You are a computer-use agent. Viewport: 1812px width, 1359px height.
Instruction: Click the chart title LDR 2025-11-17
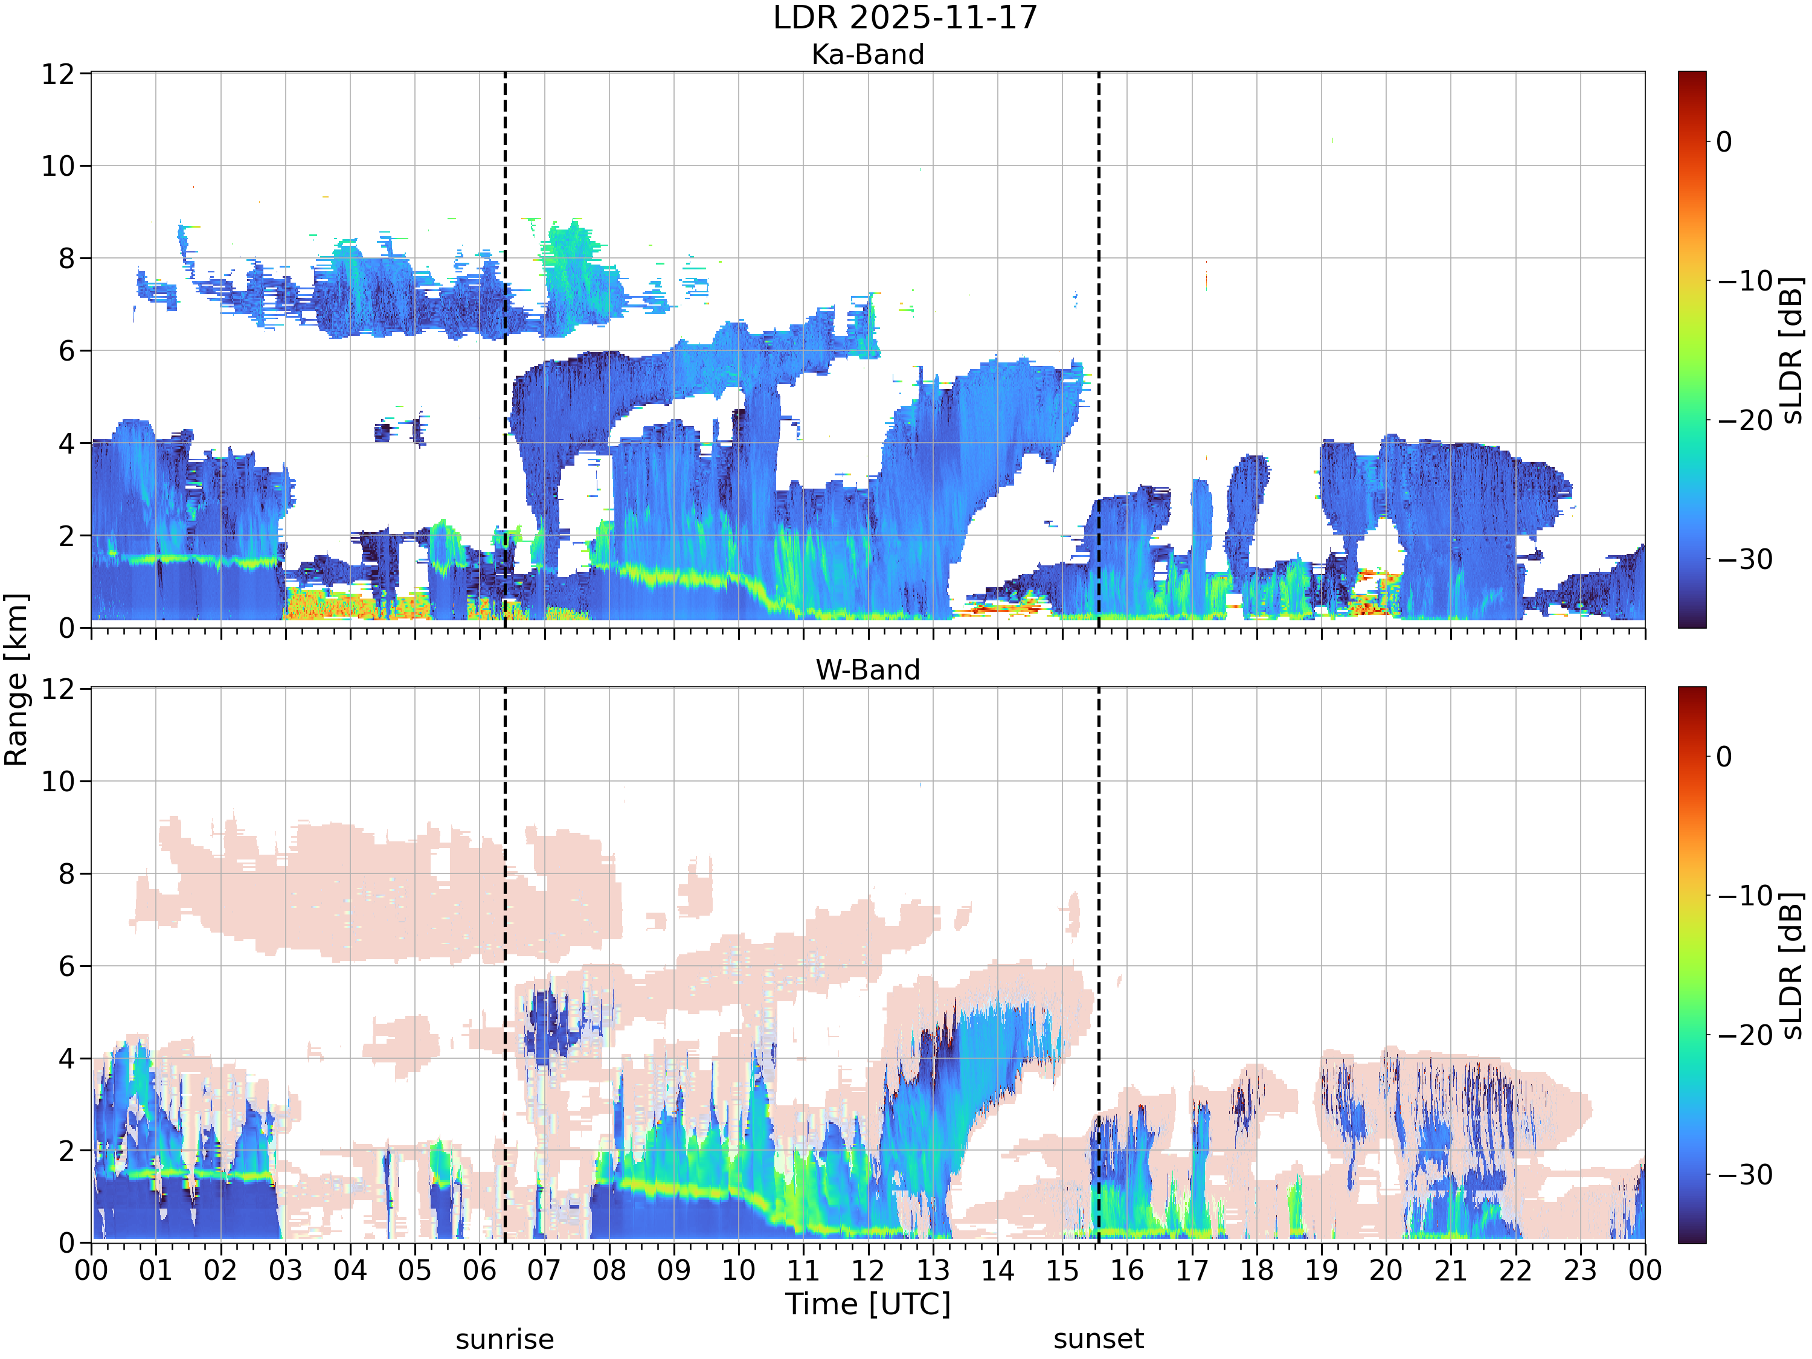pos(905,17)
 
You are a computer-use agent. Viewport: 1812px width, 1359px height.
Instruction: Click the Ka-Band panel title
pos(867,54)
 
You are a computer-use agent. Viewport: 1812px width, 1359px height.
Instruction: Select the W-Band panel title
pos(867,670)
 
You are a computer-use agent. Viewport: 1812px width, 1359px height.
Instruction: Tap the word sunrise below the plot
pos(504,1339)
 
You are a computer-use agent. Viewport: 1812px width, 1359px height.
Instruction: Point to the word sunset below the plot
pos(1099,1338)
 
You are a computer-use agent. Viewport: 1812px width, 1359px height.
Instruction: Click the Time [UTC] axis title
pos(867,1303)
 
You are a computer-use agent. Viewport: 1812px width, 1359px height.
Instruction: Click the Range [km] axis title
pos(16,679)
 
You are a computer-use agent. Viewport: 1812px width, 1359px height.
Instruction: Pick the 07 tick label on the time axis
pos(544,1271)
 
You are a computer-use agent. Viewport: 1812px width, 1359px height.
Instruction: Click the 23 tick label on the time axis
pos(1579,1271)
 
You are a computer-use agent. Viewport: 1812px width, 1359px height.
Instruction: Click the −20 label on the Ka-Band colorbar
pos(1745,420)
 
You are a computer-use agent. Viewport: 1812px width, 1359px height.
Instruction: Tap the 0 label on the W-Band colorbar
pos(1724,756)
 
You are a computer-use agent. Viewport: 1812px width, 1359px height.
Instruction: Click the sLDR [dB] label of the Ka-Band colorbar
pos(1792,350)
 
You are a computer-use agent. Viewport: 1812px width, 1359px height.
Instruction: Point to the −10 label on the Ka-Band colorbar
pos(1745,281)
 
